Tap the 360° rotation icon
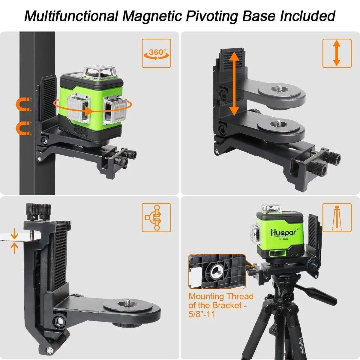(156, 53)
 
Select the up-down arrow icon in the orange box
(337, 53)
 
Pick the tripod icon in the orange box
(337, 217)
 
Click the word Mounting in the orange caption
(206, 297)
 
